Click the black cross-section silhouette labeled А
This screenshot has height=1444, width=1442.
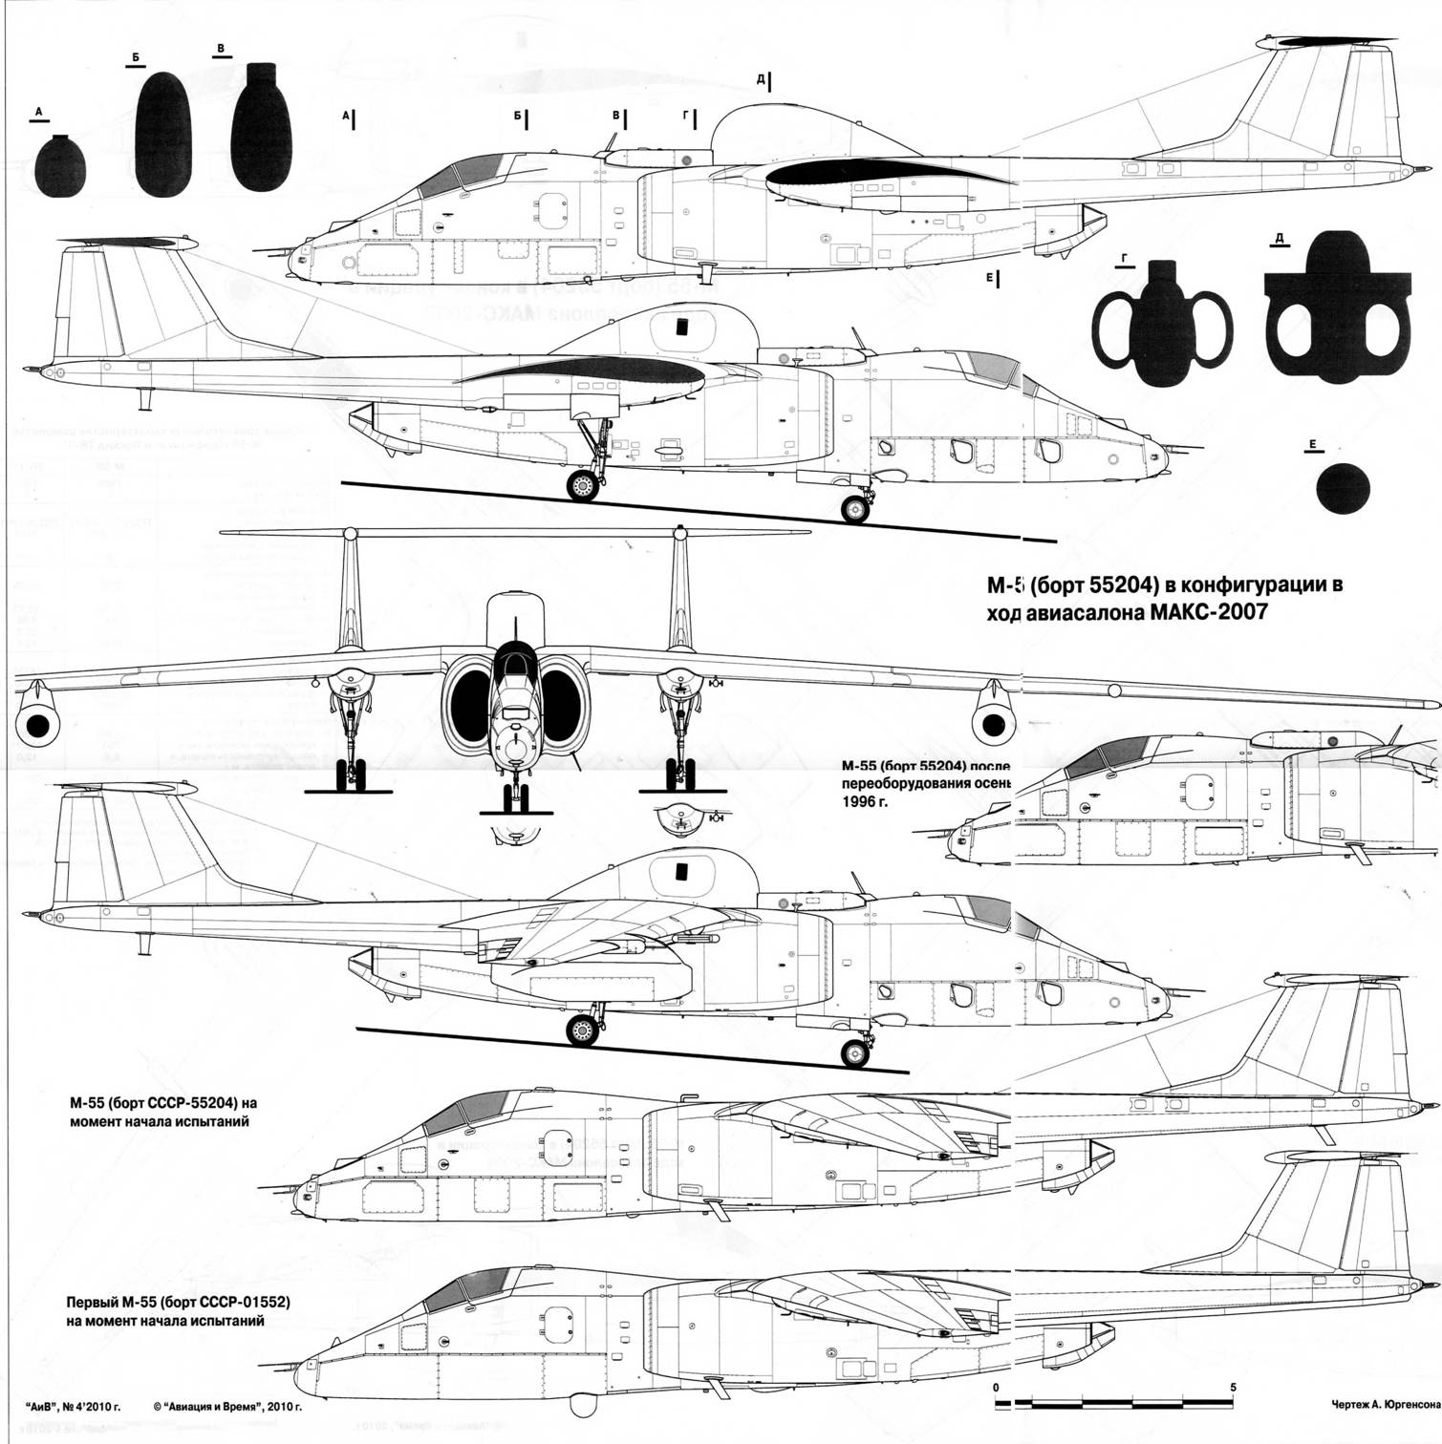[60, 165]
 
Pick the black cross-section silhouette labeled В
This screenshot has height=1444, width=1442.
[261, 132]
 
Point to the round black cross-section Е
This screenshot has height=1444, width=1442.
[1343, 488]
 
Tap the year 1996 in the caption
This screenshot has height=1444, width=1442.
[856, 801]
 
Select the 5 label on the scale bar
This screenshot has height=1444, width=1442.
[1233, 1387]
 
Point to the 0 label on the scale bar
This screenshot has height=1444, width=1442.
[996, 1387]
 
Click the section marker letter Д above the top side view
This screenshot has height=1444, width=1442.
[760, 79]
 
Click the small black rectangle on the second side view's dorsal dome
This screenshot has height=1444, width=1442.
[682, 328]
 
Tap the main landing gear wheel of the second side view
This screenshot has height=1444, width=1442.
[582, 485]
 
